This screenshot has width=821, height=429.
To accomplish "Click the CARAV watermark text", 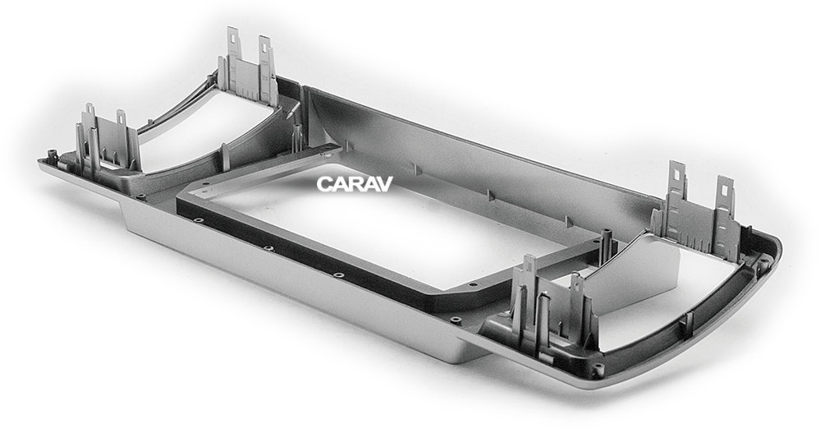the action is tap(355, 183).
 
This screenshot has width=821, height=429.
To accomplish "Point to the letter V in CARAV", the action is tap(385, 183).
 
